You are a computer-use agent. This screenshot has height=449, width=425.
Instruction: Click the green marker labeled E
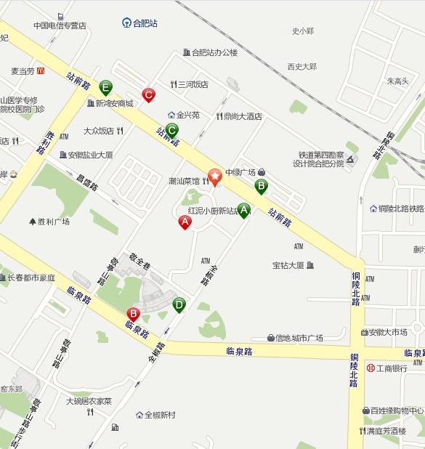coord(106,88)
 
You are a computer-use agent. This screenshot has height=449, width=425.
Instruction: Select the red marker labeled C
coord(148,94)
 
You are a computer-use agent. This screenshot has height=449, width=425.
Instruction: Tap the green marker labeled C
coord(171,130)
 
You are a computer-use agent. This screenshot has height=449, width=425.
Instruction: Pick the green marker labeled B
coord(261,186)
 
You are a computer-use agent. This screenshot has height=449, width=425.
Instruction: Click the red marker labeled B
coord(133,314)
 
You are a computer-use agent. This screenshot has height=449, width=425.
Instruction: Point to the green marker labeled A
coord(244,210)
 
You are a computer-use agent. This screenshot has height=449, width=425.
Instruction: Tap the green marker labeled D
coord(179,304)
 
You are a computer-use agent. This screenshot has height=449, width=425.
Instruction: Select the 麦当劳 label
coord(23,71)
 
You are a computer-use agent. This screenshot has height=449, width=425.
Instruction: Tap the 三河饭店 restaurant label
coord(193,84)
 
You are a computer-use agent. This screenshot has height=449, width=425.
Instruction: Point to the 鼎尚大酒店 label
coord(243,116)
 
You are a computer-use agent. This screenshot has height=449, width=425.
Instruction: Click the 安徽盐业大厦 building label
coord(90,155)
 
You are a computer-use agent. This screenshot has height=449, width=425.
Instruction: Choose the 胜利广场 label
coord(54,222)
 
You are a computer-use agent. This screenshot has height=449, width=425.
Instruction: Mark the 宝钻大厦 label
coord(288,264)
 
